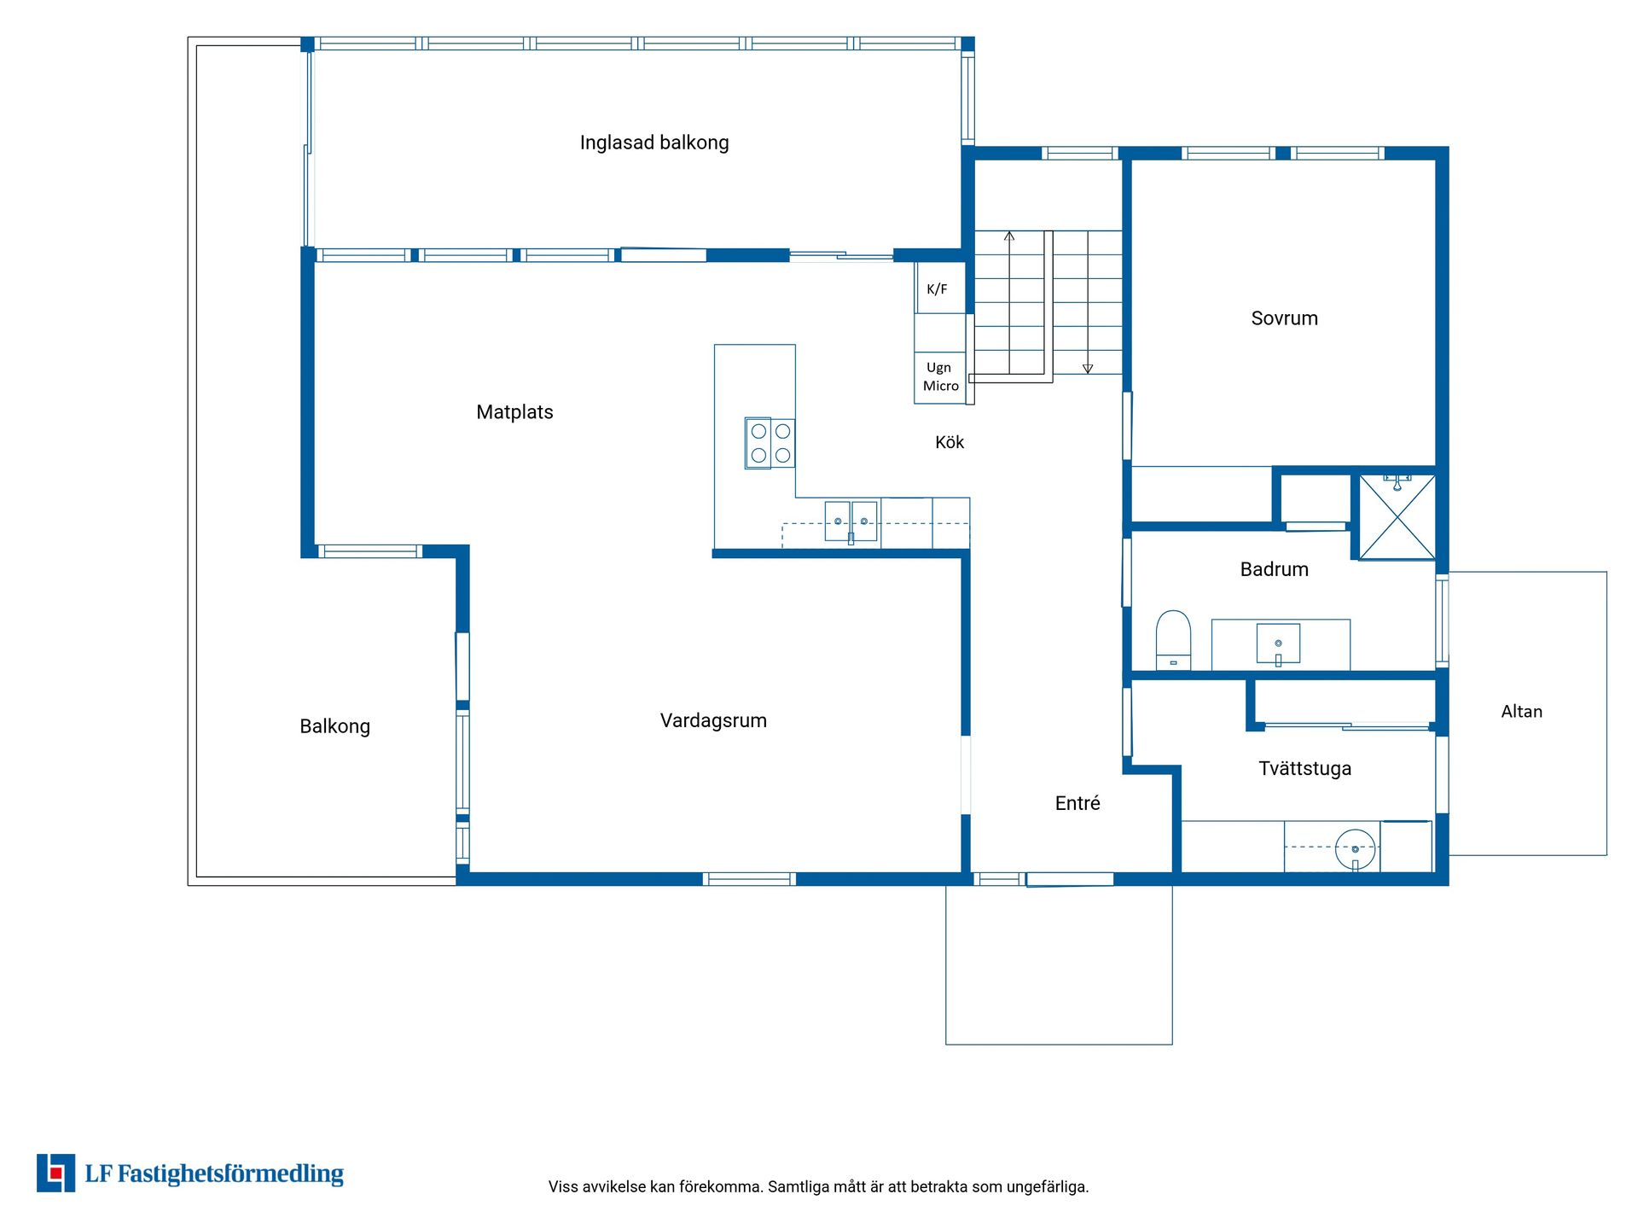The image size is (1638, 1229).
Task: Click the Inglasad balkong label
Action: coord(654,143)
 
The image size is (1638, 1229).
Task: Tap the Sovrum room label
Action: coord(1284,318)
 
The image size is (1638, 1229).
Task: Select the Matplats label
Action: coord(514,412)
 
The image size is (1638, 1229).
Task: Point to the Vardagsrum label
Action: coord(713,720)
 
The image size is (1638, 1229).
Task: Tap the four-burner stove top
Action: coord(770,443)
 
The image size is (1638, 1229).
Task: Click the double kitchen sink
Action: coord(851,521)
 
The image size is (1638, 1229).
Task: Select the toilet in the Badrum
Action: coord(1173,640)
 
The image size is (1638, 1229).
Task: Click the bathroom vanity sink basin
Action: coord(1278,644)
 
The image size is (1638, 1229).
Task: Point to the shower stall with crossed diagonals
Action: coord(1397,517)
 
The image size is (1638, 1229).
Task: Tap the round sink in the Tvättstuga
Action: coord(1355,849)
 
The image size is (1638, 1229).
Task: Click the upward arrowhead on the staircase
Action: coord(1009,236)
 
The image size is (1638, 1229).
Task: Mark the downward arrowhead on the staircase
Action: coord(1088,369)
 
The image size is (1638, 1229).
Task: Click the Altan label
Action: coord(1521,712)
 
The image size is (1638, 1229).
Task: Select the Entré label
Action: coord(1077,803)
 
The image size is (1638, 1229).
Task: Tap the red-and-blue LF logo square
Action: coord(55,1173)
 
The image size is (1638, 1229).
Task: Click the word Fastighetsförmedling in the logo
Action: coord(230,1174)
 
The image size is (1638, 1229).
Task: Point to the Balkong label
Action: coord(334,726)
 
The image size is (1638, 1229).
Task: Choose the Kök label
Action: coord(950,442)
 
